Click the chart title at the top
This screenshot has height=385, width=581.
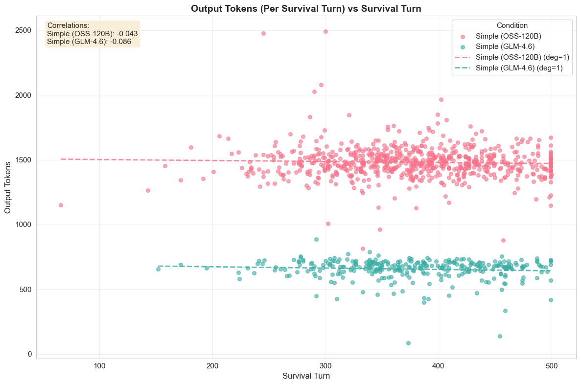pos(306,8)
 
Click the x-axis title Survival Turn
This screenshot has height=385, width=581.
pos(306,376)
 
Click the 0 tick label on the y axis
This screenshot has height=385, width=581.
pos(29,354)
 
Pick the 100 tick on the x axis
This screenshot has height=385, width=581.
pos(100,365)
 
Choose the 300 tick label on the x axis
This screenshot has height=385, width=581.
pos(325,365)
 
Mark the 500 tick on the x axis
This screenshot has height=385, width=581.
pos(552,365)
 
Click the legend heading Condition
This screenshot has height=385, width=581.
pos(512,25)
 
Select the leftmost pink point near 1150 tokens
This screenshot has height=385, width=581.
pos(61,205)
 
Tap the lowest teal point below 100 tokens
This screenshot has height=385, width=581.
pos(408,343)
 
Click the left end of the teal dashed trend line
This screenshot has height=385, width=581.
pos(159,266)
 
